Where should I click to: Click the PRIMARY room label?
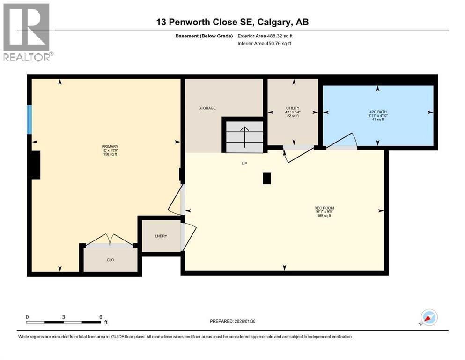[110, 146]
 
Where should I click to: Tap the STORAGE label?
[207, 108]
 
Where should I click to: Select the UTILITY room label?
[293, 108]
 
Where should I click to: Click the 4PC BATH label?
[376, 112]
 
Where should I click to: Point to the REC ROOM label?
[324, 208]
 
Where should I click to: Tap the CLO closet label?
[111, 259]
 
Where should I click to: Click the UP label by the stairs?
[244, 164]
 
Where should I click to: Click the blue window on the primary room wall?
[30, 120]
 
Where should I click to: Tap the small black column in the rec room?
[266, 178]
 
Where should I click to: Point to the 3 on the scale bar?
[64, 317]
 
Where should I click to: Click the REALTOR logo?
[27, 32]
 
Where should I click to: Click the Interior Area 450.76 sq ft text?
[265, 44]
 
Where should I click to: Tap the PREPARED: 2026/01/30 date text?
[233, 321]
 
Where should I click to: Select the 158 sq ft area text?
[110, 154]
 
